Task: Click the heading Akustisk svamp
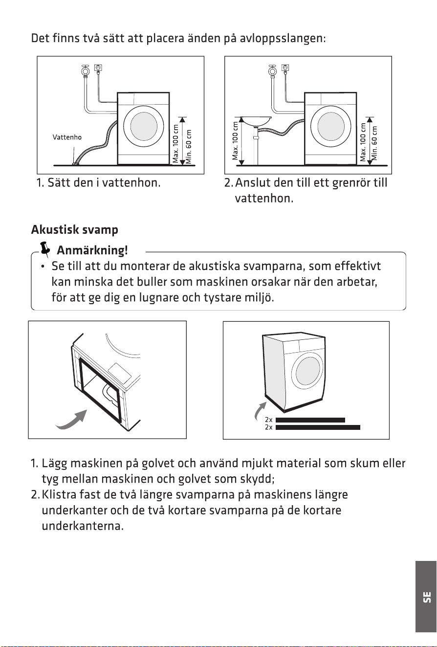tap(74, 230)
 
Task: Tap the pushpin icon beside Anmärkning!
tap(44, 249)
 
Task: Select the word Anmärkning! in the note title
tap(92, 250)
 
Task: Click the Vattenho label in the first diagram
tap(67, 137)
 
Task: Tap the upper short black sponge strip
tap(310, 420)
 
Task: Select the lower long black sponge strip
tap(318, 427)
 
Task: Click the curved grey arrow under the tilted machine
tap(71, 420)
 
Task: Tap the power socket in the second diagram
tap(286, 68)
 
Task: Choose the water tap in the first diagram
tap(85, 69)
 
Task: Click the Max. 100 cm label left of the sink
tap(235, 141)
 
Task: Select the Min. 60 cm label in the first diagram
tap(189, 146)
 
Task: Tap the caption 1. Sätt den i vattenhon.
tap(98, 183)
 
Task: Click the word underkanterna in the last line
tap(83, 526)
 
